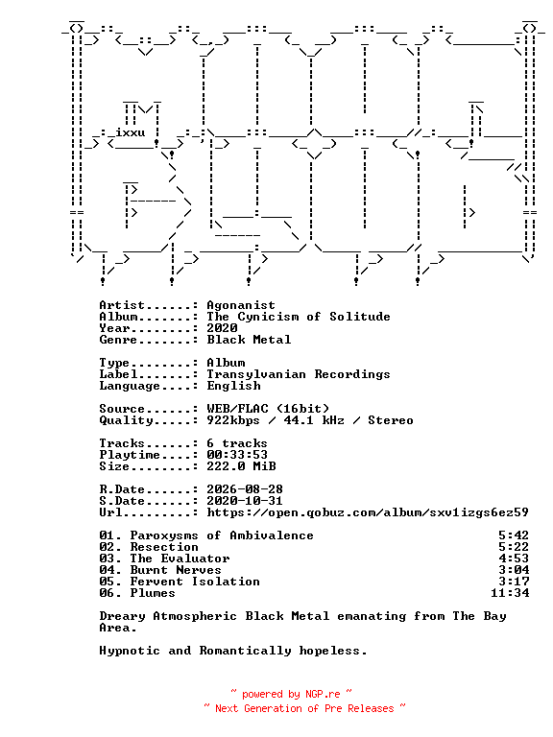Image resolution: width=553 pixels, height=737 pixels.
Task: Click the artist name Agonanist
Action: [241, 305]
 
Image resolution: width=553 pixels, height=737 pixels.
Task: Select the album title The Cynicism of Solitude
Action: [299, 317]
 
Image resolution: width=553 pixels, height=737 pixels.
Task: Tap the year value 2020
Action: [222, 328]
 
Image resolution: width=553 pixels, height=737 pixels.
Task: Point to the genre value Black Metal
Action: [249, 340]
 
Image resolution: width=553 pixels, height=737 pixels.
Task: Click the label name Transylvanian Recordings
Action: [299, 374]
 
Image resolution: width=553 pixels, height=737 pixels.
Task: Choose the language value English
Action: [233, 386]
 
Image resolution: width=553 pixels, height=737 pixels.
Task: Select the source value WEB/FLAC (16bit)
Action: [268, 409]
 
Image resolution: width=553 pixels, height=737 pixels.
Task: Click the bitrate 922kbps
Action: [233, 420]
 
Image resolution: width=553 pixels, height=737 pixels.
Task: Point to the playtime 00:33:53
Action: [237, 455]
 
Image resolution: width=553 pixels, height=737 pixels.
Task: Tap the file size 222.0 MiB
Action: [241, 466]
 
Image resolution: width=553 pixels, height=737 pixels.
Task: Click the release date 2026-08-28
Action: [245, 489]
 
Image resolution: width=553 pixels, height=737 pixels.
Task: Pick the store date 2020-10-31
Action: [245, 501]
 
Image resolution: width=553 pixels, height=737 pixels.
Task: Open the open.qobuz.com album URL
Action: [368, 512]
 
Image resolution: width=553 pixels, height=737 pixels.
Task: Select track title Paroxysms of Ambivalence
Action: [222, 535]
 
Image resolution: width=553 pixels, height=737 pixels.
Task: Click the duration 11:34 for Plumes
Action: [510, 593]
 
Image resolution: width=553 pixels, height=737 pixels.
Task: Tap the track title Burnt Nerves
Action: [176, 570]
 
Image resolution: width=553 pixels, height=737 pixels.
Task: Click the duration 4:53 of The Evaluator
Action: [514, 559]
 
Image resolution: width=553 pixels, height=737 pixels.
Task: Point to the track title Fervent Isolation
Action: [195, 582]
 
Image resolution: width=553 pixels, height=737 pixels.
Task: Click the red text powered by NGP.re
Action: [291, 694]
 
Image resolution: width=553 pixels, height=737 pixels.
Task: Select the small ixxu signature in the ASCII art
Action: [131, 132]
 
